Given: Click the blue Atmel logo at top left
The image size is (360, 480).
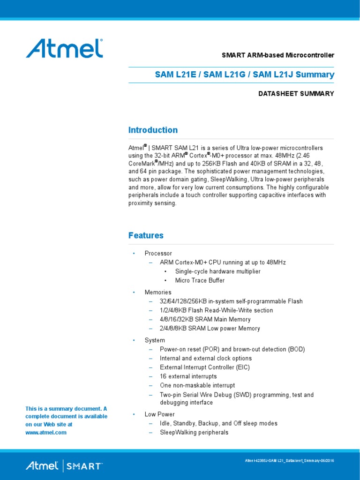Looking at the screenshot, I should (64, 48).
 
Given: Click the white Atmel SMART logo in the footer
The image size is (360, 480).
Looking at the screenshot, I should (64, 466).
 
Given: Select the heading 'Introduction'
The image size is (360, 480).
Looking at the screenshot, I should (153, 130).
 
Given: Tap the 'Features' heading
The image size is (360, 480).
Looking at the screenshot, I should (146, 235).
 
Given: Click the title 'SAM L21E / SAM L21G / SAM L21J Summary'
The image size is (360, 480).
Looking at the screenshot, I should (245, 75).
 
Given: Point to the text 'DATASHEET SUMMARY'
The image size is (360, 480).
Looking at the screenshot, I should (296, 94).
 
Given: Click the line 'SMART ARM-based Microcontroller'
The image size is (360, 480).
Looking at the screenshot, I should (277, 55).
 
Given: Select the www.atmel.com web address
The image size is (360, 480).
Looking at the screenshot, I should (46, 433).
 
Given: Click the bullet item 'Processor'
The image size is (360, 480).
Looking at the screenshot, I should (158, 253).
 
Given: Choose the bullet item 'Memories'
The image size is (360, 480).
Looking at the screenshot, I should (158, 292).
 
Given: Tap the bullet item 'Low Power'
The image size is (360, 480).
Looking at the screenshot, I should (159, 414).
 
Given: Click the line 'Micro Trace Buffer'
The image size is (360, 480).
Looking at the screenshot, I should (200, 280).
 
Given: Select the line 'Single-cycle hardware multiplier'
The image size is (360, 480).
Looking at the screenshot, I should (217, 271).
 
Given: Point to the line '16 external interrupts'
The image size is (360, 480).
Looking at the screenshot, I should (188, 376).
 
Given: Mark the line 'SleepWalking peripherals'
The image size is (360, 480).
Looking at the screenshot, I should (194, 432).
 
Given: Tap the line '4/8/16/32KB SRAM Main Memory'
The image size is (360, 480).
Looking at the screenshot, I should (206, 319).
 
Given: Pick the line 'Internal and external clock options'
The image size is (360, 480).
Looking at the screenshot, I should (206, 358).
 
